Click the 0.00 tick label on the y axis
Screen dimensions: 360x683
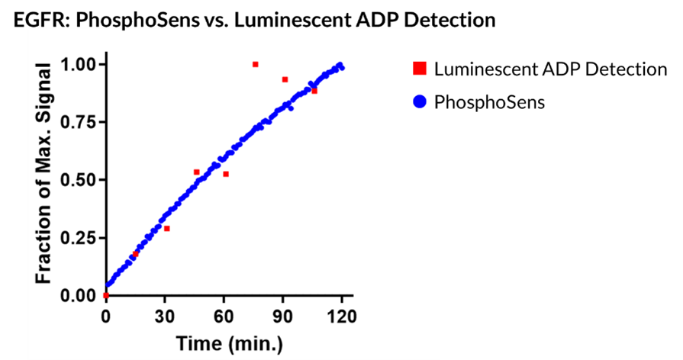pyautogui.click(x=79, y=296)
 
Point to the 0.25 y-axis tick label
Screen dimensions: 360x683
pyautogui.click(x=79, y=238)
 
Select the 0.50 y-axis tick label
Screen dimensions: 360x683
pyautogui.click(x=79, y=180)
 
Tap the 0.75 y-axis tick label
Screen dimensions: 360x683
pyautogui.click(x=79, y=122)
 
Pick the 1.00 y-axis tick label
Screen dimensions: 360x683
pyautogui.click(x=79, y=64)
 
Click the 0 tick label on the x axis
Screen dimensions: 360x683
pyautogui.click(x=106, y=317)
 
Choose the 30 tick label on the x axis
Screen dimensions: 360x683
pyautogui.click(x=165, y=317)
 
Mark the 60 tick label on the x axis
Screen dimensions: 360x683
pyautogui.click(x=224, y=317)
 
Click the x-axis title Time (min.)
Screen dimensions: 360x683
pyautogui.click(x=230, y=344)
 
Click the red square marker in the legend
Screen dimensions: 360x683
pyautogui.click(x=419, y=69)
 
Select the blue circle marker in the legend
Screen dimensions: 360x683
pyautogui.click(x=419, y=101)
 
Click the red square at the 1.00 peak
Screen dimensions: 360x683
pyautogui.click(x=255, y=64)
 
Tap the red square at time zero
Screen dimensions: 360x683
pyautogui.click(x=106, y=295)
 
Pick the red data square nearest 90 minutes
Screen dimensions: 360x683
pyautogui.click(x=285, y=79)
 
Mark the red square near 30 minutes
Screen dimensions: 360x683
pyautogui.click(x=166, y=228)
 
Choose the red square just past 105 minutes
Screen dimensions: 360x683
pyautogui.click(x=314, y=91)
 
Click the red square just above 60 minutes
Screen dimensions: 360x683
pyautogui.click(x=226, y=174)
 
